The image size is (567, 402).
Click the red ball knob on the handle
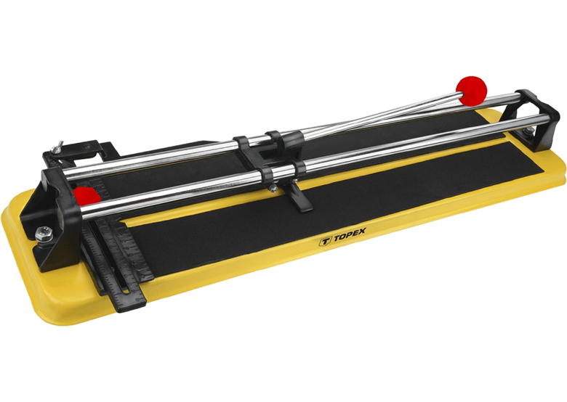[x=471, y=91]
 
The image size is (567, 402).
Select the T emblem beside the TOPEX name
[x=325, y=241]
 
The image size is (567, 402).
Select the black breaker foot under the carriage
[x=301, y=198]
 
